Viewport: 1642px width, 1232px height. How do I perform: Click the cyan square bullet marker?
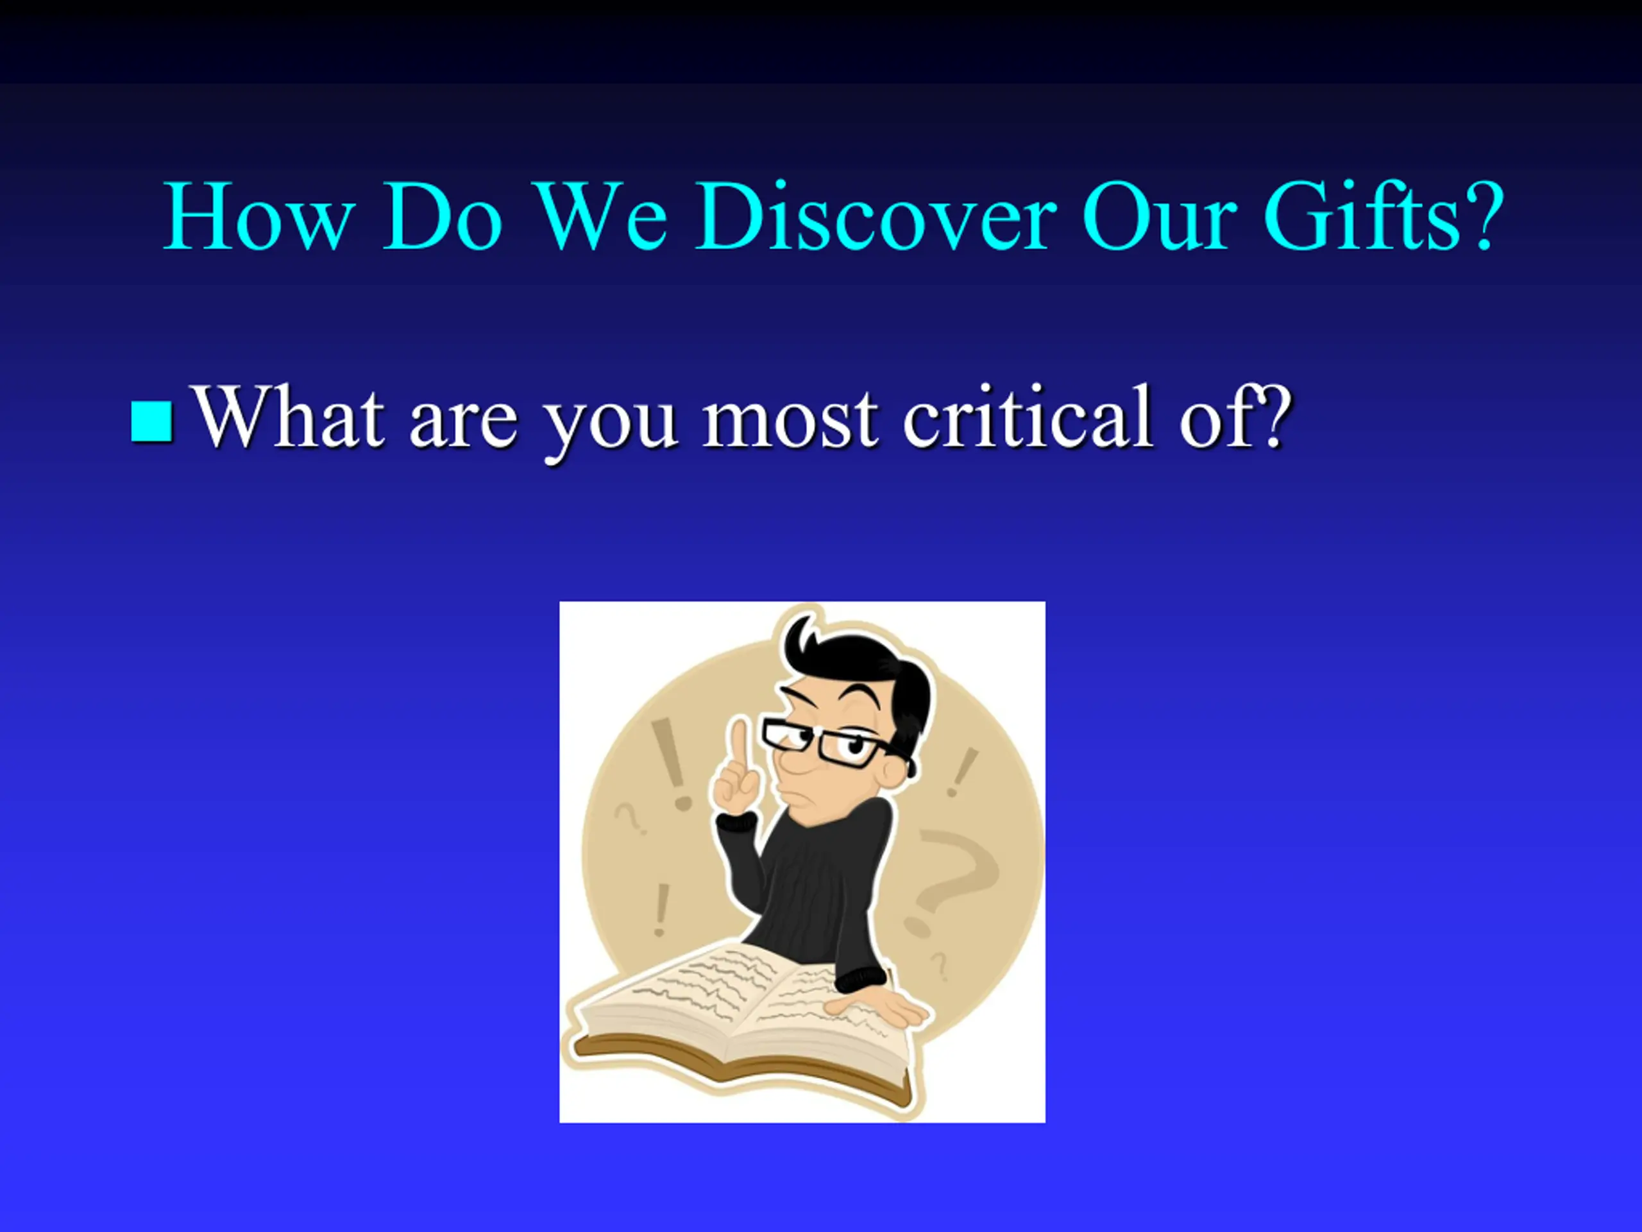point(152,421)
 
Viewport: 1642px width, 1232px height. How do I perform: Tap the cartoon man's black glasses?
point(835,742)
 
